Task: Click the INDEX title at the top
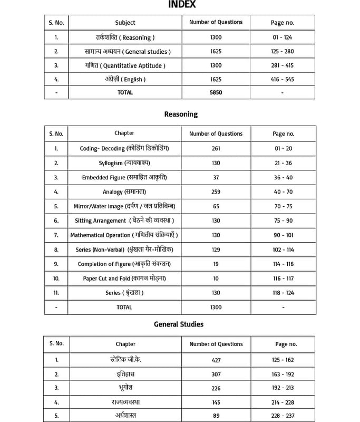pyautogui.click(x=182, y=5)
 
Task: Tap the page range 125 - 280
pyautogui.click(x=283, y=52)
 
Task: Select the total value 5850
pyautogui.click(x=216, y=92)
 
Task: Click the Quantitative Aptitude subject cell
pyautogui.click(x=125, y=65)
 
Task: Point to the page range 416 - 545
pyautogui.click(x=283, y=79)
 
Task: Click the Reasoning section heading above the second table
pyautogui.click(x=181, y=114)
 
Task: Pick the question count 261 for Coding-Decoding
pyautogui.click(x=216, y=149)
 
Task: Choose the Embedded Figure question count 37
pyautogui.click(x=216, y=178)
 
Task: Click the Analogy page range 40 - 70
pyautogui.click(x=283, y=192)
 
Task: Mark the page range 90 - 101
pyautogui.click(x=283, y=235)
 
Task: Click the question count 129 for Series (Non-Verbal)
pyautogui.click(x=216, y=250)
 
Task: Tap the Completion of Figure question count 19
pyautogui.click(x=216, y=264)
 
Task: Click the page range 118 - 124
pyautogui.click(x=283, y=293)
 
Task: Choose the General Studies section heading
pyautogui.click(x=178, y=324)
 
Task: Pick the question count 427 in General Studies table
pyautogui.click(x=216, y=360)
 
